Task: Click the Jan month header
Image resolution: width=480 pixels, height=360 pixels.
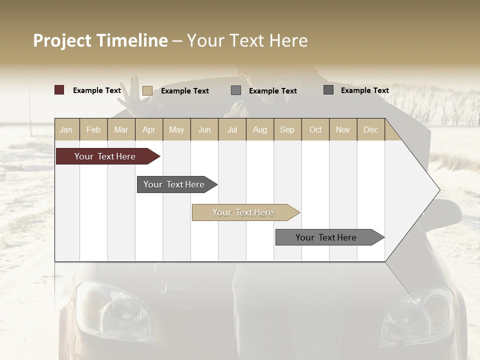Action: (66, 129)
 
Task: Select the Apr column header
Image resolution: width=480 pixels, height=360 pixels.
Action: (149, 129)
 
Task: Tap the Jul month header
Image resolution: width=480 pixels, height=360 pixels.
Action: (232, 129)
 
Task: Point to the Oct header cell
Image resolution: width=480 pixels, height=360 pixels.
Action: (315, 129)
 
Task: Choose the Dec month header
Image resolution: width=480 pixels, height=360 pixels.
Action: (370, 129)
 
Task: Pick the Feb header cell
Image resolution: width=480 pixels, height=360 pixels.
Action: (93, 129)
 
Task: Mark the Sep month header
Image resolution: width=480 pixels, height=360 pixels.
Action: (287, 129)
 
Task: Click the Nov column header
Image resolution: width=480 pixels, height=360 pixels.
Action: (343, 129)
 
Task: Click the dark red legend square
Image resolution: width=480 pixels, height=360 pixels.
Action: (59, 90)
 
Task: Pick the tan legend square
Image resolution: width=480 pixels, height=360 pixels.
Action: (147, 90)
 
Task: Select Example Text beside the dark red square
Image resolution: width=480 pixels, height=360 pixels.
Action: (97, 90)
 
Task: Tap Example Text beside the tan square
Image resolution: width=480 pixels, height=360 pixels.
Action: (185, 91)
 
